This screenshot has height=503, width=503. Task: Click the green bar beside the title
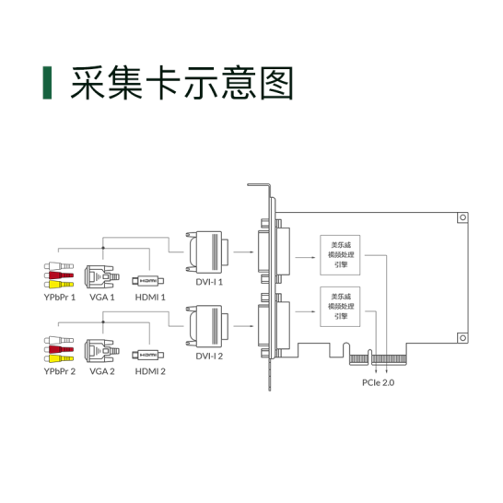click(47, 83)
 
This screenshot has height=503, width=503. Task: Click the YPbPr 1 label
click(60, 298)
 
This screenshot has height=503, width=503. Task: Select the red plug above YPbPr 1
click(59, 275)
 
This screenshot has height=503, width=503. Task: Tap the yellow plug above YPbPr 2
click(59, 358)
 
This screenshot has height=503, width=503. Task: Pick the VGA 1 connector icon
click(101, 276)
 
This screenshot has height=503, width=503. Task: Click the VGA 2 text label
click(102, 371)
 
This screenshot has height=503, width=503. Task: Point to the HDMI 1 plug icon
click(148, 281)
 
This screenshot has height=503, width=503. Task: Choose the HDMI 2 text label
click(150, 371)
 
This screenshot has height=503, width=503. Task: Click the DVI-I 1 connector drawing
click(207, 252)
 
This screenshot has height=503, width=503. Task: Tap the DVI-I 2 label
click(209, 357)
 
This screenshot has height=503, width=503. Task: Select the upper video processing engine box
click(340, 255)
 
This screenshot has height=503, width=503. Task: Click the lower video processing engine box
click(340, 307)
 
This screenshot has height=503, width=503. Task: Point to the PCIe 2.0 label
click(379, 382)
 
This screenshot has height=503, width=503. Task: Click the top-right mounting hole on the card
click(462, 217)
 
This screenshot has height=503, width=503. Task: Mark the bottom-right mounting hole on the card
click(462, 338)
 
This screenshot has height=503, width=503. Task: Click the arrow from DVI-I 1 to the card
click(243, 252)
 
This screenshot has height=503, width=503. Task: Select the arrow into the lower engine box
click(305, 311)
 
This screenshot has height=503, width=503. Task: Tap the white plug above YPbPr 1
click(59, 266)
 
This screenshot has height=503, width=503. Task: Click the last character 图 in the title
click(276, 83)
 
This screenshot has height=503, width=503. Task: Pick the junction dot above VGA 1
click(103, 248)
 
